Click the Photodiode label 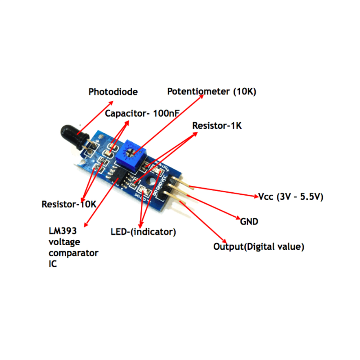(113, 92)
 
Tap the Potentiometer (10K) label (211, 91)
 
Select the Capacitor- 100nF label (142, 113)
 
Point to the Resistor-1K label (217, 126)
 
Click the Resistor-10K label (69, 204)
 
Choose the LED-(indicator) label (143, 232)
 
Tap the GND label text (249, 221)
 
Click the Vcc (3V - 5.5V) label (291, 197)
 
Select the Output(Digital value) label (259, 247)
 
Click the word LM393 (63, 231)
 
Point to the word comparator (73, 253)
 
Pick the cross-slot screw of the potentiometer (129, 152)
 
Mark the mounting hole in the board (151, 182)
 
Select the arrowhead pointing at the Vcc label (256, 196)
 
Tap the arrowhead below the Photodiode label (111, 103)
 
